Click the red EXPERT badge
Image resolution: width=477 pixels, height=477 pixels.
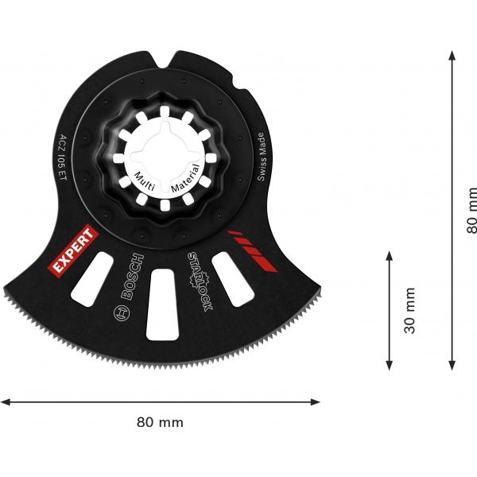point(74,251)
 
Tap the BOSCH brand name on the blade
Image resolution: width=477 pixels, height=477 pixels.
point(132,276)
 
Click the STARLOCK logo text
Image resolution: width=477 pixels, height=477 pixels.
point(200,281)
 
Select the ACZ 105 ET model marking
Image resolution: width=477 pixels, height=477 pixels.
point(62,157)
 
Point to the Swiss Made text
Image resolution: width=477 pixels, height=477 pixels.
point(262,157)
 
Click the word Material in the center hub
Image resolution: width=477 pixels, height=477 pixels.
point(186,178)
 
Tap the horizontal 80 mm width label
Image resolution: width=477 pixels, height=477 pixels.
point(160,422)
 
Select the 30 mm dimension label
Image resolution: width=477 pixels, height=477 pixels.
point(409,310)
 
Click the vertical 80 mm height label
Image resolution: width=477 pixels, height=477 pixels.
point(471,210)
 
